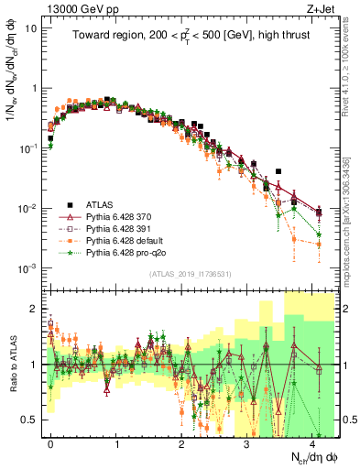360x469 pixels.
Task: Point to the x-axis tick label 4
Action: pos(312,443)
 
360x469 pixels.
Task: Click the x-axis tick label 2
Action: pos(181,443)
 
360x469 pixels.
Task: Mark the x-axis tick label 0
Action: pos(50,443)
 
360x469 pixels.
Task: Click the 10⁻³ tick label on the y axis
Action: pos(27,267)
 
